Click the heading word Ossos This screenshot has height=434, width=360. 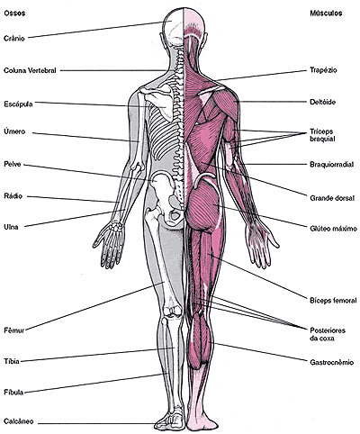[x=14, y=14]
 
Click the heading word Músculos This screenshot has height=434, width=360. [x=326, y=14]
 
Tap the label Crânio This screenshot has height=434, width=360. [x=14, y=39]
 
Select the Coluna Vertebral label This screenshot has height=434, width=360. [x=30, y=70]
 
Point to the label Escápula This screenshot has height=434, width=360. [x=18, y=104]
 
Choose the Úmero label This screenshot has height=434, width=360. [x=14, y=131]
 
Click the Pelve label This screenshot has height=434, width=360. [x=13, y=164]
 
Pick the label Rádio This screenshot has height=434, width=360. [x=13, y=196]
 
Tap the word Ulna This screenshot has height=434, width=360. [x=11, y=227]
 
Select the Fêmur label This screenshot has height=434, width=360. [x=14, y=330]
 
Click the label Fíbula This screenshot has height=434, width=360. [x=13, y=392]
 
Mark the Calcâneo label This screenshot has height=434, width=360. [x=19, y=421]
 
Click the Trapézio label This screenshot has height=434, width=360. [x=323, y=70]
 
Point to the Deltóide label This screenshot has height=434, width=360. [x=322, y=102]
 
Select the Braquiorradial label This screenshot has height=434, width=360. [x=331, y=165]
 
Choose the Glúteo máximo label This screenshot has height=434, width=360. [x=333, y=229]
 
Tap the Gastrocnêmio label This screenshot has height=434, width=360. [x=331, y=363]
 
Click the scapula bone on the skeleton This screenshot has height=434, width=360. [x=160, y=101]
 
